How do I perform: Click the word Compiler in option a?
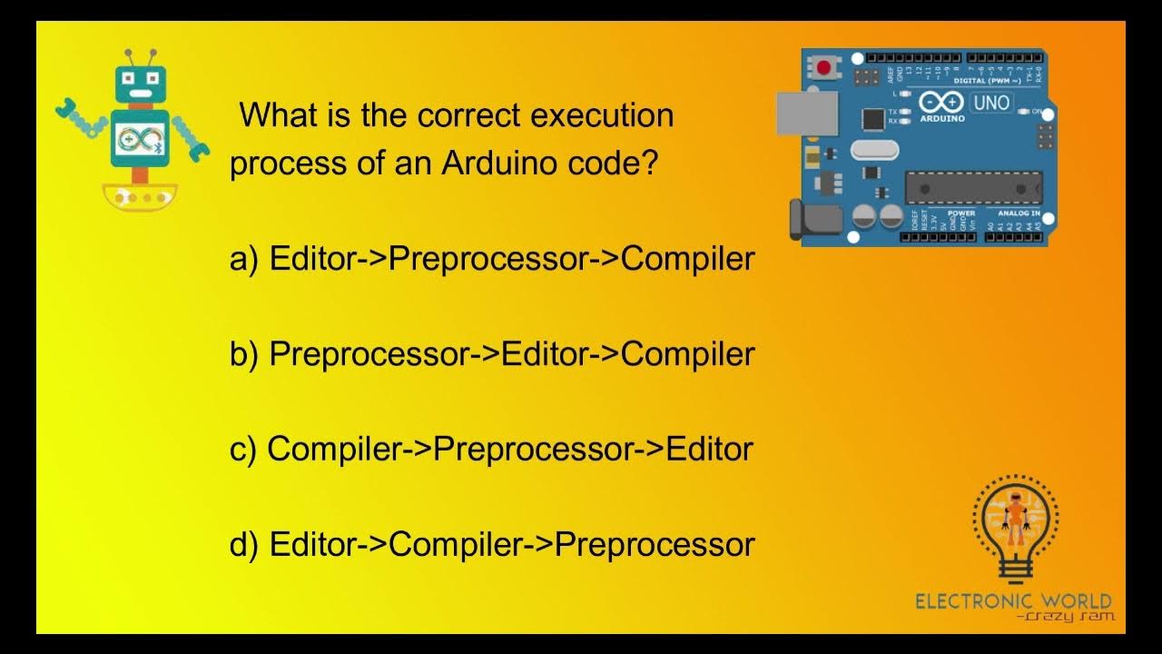pyautogui.click(x=688, y=260)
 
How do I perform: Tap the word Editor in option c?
pyautogui.click(x=710, y=450)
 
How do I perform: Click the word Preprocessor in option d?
pyautogui.click(x=655, y=545)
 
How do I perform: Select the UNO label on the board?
pyautogui.click(x=990, y=103)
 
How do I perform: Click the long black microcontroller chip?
pyautogui.click(x=973, y=186)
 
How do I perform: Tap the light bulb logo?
pyautogui.click(x=1015, y=527)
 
